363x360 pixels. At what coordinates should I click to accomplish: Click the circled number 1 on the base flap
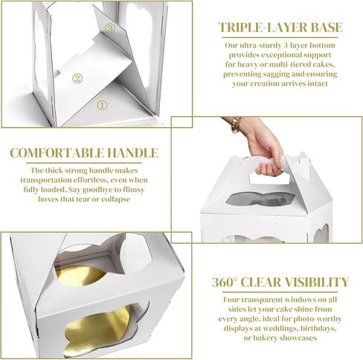(102, 106)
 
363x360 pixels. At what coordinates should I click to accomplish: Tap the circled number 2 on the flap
(77, 79)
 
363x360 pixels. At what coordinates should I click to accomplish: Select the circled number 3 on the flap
(110, 28)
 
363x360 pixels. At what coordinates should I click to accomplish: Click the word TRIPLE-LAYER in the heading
(263, 28)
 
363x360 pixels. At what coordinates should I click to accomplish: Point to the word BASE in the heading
(327, 28)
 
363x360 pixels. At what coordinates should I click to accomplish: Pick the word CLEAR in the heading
(260, 282)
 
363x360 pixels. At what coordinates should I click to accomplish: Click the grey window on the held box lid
(260, 199)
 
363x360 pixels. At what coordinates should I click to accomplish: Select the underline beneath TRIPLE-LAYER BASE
(280, 38)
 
